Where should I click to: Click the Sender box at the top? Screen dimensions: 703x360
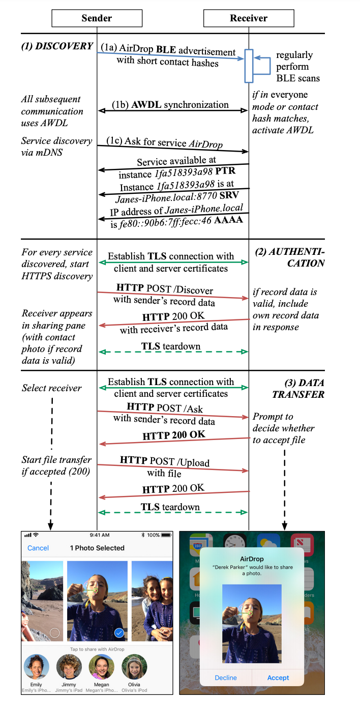(97, 18)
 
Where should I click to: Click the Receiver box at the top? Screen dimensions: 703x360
(249, 18)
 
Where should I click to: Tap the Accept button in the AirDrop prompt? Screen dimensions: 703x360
(278, 678)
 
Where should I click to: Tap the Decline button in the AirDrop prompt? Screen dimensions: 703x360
(226, 678)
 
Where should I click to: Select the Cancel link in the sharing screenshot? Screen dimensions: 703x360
(38, 548)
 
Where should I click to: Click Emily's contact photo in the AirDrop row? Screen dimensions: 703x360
(36, 667)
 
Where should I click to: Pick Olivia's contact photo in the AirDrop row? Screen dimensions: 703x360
(134, 667)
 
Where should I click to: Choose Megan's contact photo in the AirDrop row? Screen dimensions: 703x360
(102, 667)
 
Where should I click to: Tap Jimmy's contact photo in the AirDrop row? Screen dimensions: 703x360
(69, 667)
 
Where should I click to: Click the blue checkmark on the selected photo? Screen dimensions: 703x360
(119, 633)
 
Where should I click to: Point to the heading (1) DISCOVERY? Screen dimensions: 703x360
(57, 46)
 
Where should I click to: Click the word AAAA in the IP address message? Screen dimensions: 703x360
(229, 219)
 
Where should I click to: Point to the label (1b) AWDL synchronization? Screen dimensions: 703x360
(170, 105)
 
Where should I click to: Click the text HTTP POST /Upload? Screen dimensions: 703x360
(165, 461)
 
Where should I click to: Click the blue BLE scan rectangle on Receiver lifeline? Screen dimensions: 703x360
(249, 66)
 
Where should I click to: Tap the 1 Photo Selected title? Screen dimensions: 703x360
(97, 548)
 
